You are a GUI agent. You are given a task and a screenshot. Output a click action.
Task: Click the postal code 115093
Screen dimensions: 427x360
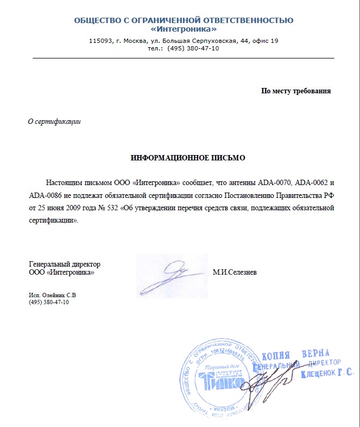[100, 41]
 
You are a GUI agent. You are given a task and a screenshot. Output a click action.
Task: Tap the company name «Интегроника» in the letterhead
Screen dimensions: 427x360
[183, 29]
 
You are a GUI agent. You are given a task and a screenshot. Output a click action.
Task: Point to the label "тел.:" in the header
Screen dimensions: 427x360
[155, 48]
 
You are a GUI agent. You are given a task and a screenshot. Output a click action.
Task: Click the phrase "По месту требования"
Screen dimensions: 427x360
[296, 91]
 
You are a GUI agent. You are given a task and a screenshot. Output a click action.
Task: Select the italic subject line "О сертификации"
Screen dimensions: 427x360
[54, 121]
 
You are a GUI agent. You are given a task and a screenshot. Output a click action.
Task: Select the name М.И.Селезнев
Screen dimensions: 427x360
[234, 273]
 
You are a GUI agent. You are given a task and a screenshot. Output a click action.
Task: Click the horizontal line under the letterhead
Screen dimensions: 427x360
[183, 57]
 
